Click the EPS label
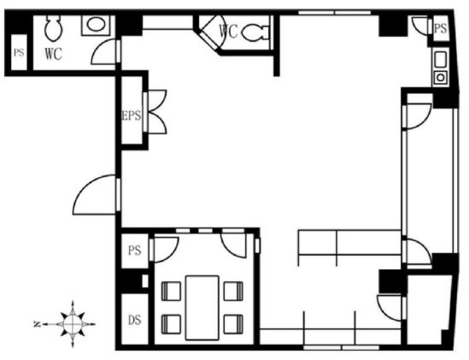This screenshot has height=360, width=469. pyautogui.click(x=132, y=115)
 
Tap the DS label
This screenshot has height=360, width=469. pyautogui.click(x=135, y=320)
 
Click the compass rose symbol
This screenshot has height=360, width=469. pyautogui.click(x=73, y=324)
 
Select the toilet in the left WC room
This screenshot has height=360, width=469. pyautogui.click(x=54, y=28)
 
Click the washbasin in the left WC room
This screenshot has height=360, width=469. pyautogui.click(x=96, y=25)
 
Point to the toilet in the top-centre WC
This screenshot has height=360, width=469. pyautogui.click(x=255, y=32)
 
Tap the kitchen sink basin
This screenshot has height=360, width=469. pyautogui.click(x=441, y=59)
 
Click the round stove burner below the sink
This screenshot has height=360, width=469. pyautogui.click(x=441, y=78)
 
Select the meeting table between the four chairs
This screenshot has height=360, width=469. pyautogui.click(x=202, y=308)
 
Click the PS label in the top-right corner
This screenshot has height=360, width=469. pyautogui.click(x=440, y=28)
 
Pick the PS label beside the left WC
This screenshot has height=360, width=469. pyautogui.click(x=19, y=53)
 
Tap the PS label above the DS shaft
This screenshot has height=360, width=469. pyautogui.click(x=135, y=251)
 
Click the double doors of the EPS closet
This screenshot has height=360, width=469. pyautogui.click(x=155, y=111)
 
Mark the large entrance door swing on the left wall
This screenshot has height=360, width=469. pyautogui.click(x=96, y=195)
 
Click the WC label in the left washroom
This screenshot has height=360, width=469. pyautogui.click(x=54, y=54)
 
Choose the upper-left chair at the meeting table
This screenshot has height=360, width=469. pyautogui.click(x=171, y=291)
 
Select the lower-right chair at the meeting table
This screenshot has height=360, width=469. pyautogui.click(x=233, y=324)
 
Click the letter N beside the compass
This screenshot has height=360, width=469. pyautogui.click(x=37, y=324)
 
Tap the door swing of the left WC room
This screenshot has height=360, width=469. pyautogui.click(x=105, y=51)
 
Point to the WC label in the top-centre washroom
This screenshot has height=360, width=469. pyautogui.click(x=228, y=31)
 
